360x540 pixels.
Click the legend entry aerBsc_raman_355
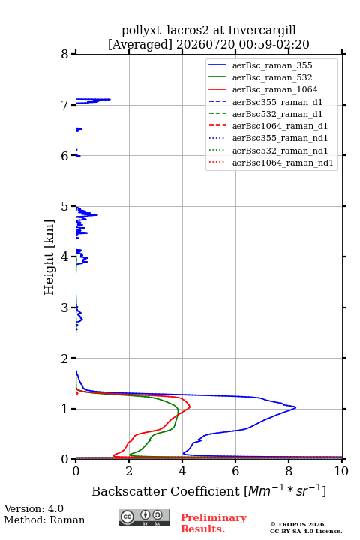pos(272,65)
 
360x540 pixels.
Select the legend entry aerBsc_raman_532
pos(272,77)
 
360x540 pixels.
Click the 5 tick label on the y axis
pos(64,206)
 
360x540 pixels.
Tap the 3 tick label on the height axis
pos(64,307)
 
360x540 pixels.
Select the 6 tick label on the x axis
pos(235,471)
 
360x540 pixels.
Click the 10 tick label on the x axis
pos(341,471)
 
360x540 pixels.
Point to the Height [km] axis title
pos(49,257)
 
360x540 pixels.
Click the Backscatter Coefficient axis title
pos(208,490)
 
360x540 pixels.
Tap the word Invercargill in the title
pos(262,31)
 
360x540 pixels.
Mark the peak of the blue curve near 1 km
pos(295,408)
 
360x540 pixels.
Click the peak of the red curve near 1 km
pos(190,407)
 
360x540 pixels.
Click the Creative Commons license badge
pos(144,517)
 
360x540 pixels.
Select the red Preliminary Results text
pos(214,523)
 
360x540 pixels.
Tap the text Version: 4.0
pos(34,508)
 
